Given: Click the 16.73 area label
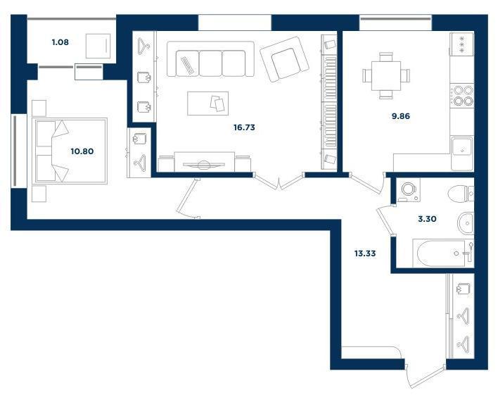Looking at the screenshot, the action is (x=244, y=127).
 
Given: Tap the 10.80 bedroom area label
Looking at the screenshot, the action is (x=82, y=151).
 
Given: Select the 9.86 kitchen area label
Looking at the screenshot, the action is (x=401, y=116).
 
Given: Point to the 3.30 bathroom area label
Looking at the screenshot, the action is (x=427, y=219).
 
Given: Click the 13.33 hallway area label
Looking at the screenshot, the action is (x=365, y=253).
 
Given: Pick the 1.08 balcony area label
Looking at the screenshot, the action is (x=60, y=42).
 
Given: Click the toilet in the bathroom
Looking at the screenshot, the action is (x=461, y=194).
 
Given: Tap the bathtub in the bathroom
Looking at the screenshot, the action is (x=443, y=253).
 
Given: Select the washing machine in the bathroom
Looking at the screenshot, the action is (x=408, y=189).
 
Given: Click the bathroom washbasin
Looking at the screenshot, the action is (x=466, y=223).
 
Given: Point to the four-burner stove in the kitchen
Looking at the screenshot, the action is (x=462, y=96).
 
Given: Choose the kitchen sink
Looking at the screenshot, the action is (x=462, y=146).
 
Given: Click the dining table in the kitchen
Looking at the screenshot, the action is (x=386, y=76).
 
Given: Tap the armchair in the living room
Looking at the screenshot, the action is (x=284, y=59).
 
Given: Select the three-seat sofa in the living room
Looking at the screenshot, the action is (x=210, y=59).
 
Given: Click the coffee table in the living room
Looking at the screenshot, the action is (x=207, y=104).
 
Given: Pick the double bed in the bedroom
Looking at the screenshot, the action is (x=69, y=151).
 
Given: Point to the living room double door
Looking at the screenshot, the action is (x=279, y=181).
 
